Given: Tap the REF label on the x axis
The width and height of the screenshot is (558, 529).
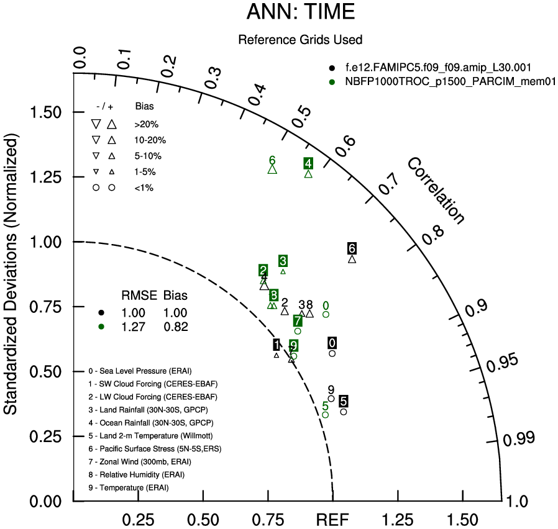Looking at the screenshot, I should tap(333, 519).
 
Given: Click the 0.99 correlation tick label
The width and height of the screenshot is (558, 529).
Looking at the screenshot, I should tap(518, 439).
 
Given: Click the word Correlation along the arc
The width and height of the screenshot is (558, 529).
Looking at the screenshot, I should tap(436, 191).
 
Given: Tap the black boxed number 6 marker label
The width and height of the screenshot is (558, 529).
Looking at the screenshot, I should tap(352, 248).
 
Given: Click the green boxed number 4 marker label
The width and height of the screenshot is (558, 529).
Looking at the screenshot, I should tap(308, 163).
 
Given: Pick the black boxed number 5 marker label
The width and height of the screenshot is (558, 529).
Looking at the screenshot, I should tap(344, 400).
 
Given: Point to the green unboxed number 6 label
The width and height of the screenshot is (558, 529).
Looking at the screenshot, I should tap(272, 161).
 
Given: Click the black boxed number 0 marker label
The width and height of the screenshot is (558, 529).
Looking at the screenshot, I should tap(332, 343).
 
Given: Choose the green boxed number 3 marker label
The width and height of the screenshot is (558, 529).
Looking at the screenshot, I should tap(283, 261).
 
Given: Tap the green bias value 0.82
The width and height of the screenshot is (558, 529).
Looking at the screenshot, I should tap(175, 327).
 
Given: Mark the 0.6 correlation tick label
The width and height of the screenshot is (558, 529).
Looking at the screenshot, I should tap(349, 142).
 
